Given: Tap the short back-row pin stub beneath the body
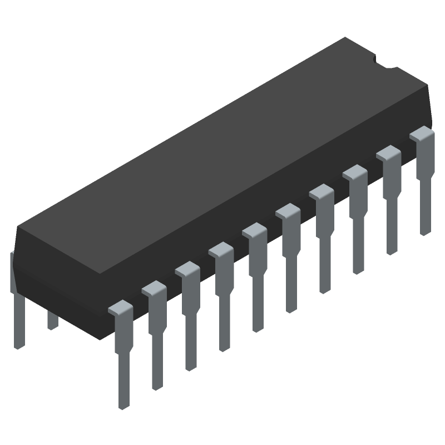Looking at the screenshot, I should [x=52, y=320].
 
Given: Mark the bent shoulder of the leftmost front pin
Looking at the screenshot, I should [x=120, y=309].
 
